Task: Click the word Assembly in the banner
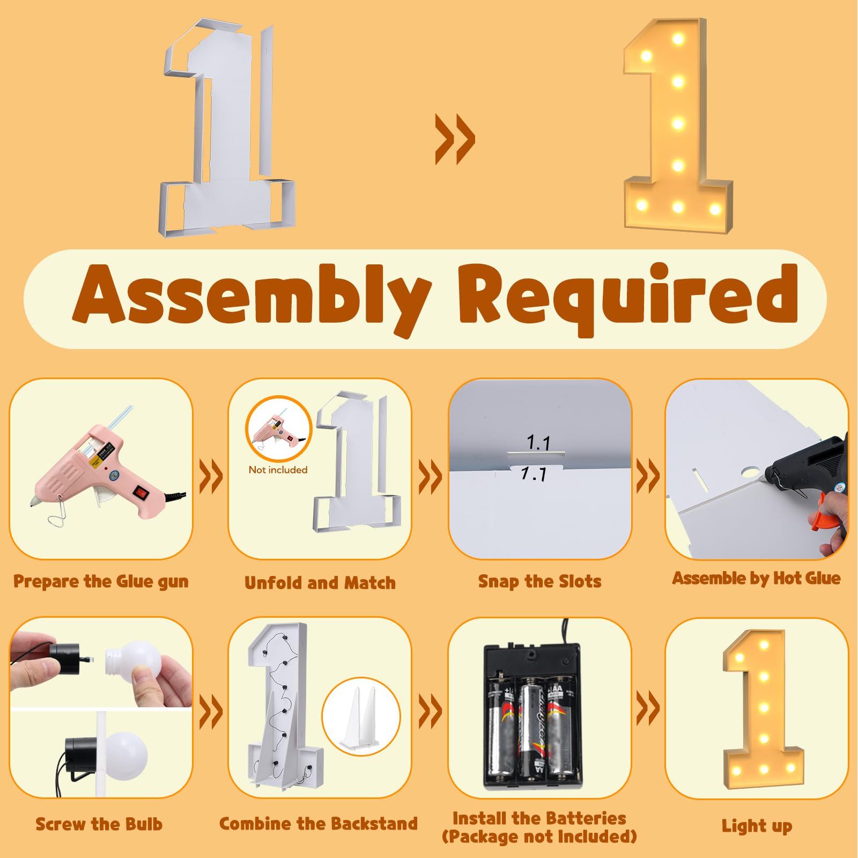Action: pos(252,298)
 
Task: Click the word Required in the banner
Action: pos(628,298)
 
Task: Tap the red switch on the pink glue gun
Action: pos(141,491)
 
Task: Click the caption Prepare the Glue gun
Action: pos(101,582)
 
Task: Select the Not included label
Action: pos(278,470)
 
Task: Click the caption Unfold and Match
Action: pos(320,583)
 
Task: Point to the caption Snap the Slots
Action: pos(539,582)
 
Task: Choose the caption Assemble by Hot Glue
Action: pos(757,578)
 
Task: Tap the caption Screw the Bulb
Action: pos(99,824)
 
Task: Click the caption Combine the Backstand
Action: pos(319,824)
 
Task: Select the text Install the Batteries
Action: pos(539,818)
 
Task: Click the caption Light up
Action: pos(757,826)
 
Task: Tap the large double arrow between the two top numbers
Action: pos(455,138)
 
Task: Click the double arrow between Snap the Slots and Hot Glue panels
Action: pos(647,476)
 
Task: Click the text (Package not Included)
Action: pos(539,837)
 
